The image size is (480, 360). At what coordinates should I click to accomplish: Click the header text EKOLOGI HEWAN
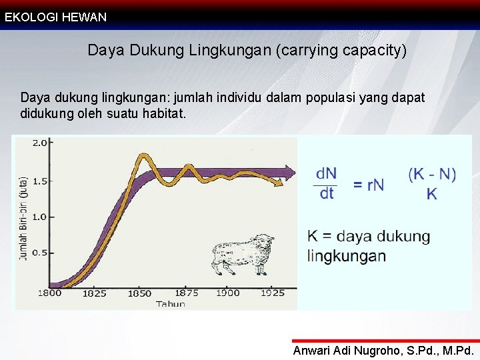click(x=56, y=17)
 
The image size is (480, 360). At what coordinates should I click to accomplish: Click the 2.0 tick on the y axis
click(x=40, y=143)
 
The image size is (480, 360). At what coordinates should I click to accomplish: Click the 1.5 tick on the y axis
click(x=40, y=181)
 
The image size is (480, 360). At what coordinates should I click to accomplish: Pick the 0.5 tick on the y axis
click(x=40, y=253)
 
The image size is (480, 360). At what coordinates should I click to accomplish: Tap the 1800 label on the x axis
click(x=49, y=293)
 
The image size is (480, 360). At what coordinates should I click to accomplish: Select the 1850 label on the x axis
click(x=140, y=293)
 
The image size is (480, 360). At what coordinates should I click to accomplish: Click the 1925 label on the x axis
click(x=273, y=293)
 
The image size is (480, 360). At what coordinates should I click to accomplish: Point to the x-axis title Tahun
click(x=171, y=303)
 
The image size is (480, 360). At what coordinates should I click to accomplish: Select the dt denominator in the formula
click(x=327, y=193)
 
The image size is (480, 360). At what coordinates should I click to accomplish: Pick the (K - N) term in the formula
click(x=432, y=175)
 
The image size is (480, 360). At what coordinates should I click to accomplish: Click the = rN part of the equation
click(x=369, y=185)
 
